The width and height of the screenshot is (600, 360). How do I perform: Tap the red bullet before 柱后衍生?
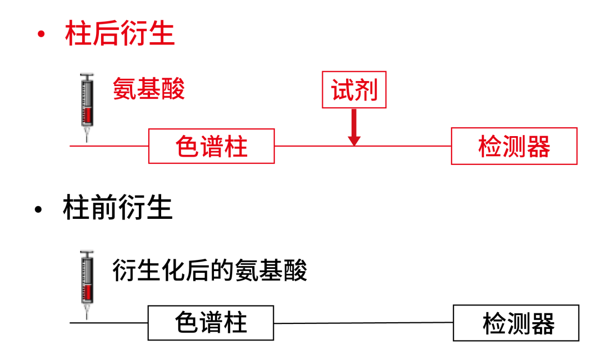40,34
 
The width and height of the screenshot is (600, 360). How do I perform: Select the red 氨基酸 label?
149,88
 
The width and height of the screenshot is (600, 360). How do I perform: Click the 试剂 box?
354,90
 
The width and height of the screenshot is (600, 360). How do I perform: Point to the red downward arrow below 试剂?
354,128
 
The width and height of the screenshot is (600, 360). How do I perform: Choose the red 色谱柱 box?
212,146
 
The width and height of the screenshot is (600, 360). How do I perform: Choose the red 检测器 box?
514,146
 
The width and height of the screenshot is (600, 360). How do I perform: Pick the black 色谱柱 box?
211,323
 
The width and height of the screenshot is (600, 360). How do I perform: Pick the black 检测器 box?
516,323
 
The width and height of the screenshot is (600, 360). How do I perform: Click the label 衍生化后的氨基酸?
210,271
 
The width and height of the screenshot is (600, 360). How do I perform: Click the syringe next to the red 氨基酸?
87,103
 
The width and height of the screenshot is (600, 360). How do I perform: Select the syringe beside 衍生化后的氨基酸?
87,281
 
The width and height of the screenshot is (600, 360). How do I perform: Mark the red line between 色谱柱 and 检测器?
400,146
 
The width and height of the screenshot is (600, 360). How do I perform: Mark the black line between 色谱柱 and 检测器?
364,323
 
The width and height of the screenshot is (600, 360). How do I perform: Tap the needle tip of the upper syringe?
87,140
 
